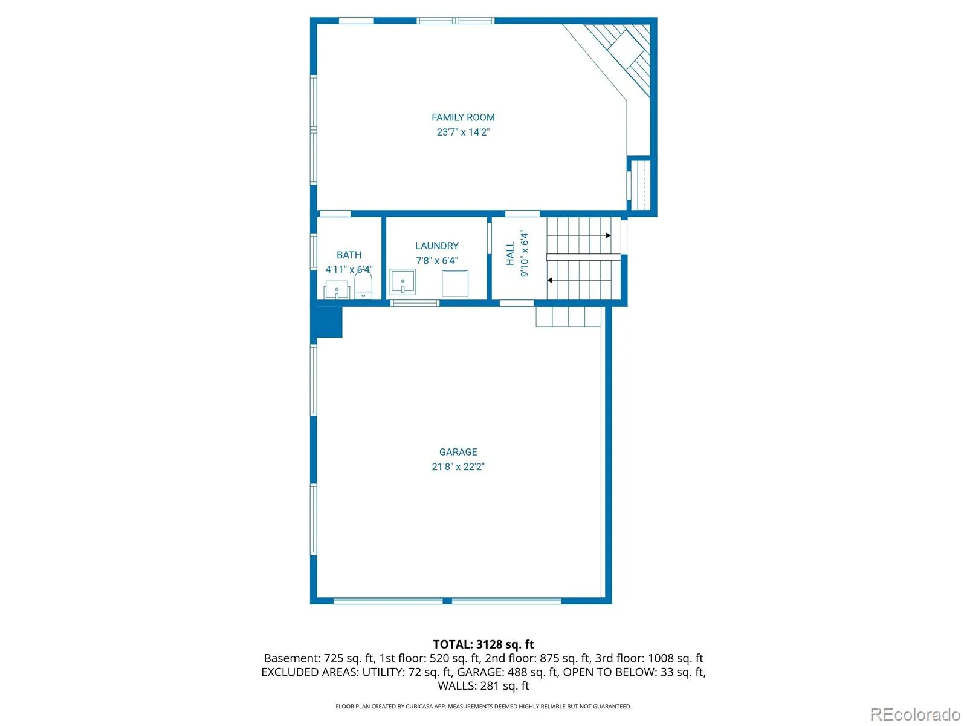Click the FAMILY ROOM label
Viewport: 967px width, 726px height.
[462, 117]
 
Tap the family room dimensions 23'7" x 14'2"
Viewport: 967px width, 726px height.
[462, 132]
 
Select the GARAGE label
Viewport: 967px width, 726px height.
[458, 451]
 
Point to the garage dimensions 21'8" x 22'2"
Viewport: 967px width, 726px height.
[458, 466]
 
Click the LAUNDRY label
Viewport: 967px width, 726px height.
[436, 246]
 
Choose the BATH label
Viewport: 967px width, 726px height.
[349, 255]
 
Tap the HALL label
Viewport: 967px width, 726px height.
[509, 253]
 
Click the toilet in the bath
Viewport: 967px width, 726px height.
[363, 285]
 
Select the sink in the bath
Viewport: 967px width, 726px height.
[337, 290]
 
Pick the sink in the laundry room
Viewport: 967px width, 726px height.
[403, 282]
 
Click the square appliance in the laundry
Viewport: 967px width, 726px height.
[454, 283]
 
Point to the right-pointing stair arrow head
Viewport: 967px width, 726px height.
[609, 235]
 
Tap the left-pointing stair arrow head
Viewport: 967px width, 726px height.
[549, 280]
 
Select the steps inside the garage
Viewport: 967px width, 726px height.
[568, 316]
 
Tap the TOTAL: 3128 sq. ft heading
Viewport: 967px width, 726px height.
[483, 644]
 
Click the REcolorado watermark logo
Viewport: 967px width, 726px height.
[916, 714]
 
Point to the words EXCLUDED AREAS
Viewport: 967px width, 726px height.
[308, 672]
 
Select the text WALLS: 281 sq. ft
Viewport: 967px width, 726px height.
[483, 685]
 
